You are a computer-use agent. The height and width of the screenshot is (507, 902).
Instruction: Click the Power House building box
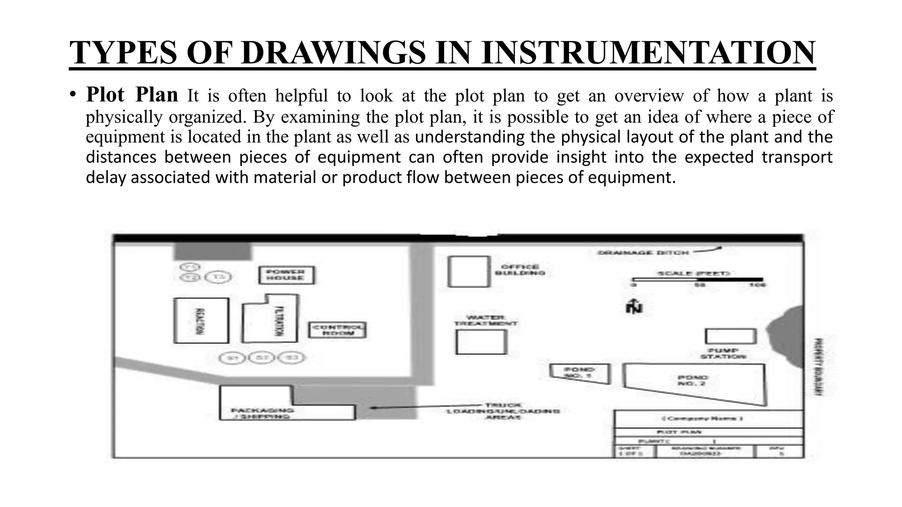tap(286, 275)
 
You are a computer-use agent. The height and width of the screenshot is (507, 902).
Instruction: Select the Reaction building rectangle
tap(201, 320)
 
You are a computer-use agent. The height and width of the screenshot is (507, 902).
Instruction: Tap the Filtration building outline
tap(270, 319)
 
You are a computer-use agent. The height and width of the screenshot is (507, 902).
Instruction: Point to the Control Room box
tap(337, 330)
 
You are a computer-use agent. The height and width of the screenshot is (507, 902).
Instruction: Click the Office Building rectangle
tap(469, 272)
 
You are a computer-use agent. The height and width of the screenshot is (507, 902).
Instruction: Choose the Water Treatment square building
tap(481, 342)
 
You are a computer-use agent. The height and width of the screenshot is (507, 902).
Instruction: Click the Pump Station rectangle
tap(731, 336)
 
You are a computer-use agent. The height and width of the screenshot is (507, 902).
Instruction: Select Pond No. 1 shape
tap(580, 374)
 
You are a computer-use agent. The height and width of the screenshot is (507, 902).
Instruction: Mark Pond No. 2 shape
tap(695, 381)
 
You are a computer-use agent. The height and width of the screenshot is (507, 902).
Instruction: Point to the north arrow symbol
tap(634, 305)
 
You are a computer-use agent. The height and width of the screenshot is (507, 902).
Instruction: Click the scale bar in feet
tap(698, 279)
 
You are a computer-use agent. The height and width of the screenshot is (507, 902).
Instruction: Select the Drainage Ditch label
tap(643, 253)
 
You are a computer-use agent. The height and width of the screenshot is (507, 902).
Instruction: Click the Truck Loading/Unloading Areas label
tap(503, 411)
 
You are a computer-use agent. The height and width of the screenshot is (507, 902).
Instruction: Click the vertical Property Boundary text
tap(816, 367)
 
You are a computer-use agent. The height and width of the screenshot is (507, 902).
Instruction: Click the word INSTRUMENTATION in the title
tap(648, 53)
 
